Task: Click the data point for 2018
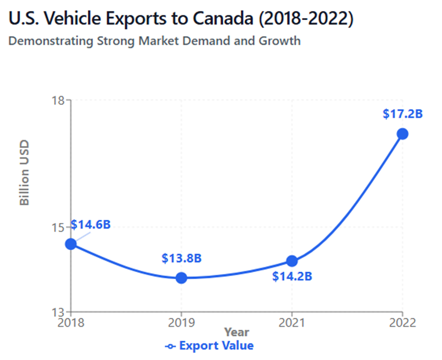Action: click(x=71, y=244)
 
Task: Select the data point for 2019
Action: click(x=182, y=278)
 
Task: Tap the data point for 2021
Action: click(x=292, y=261)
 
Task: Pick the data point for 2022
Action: click(x=402, y=134)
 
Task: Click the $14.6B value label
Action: click(x=90, y=224)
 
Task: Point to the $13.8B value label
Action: click(x=182, y=259)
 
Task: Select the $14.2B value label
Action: click(x=292, y=276)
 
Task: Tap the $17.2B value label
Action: click(x=403, y=114)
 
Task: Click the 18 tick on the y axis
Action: click(x=59, y=100)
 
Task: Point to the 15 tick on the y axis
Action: click(x=59, y=227)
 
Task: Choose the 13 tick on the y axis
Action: click(x=59, y=312)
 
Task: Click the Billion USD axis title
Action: click(x=24, y=172)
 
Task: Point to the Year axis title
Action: click(x=236, y=332)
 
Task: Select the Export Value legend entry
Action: click(x=210, y=345)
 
